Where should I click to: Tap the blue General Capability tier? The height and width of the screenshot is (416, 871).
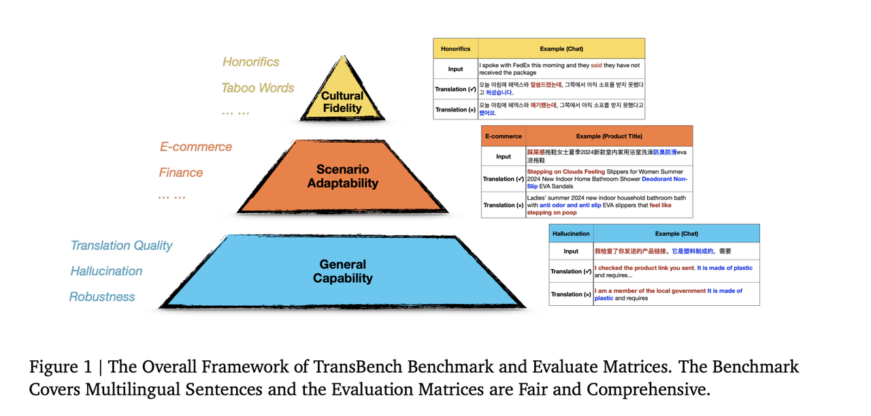(343, 271)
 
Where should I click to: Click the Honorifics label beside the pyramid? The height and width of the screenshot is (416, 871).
(250, 62)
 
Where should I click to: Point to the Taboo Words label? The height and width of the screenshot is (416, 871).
(257, 88)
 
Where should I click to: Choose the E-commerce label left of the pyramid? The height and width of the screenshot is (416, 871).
(196, 147)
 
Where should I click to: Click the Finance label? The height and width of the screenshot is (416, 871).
(181, 173)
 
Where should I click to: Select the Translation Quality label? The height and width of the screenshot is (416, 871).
(121, 245)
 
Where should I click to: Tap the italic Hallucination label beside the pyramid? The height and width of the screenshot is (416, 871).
(106, 271)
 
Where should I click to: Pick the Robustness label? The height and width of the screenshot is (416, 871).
(102, 297)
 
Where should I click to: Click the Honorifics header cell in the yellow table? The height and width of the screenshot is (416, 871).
(455, 49)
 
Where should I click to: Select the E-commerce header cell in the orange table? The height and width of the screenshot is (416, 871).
(503, 136)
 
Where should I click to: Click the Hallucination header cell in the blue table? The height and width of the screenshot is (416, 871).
(571, 234)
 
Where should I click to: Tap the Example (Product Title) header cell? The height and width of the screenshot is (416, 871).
(609, 136)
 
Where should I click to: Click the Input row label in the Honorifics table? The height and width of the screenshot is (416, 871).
(455, 69)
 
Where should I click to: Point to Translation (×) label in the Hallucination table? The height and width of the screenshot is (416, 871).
(571, 294)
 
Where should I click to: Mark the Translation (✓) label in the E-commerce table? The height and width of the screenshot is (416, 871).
(503, 179)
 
